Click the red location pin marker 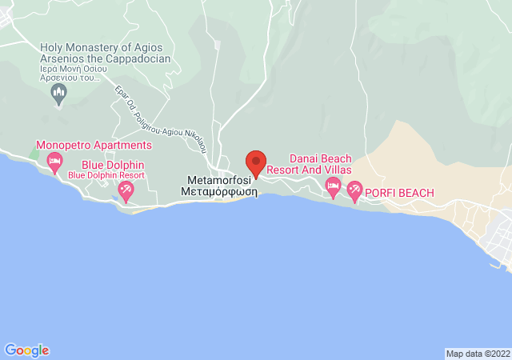[x=255, y=162]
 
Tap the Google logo [x=26, y=350]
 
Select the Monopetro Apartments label [x=94, y=146]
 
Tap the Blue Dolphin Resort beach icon [x=126, y=190]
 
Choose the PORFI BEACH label [x=399, y=193]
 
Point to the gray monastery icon [x=58, y=95]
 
